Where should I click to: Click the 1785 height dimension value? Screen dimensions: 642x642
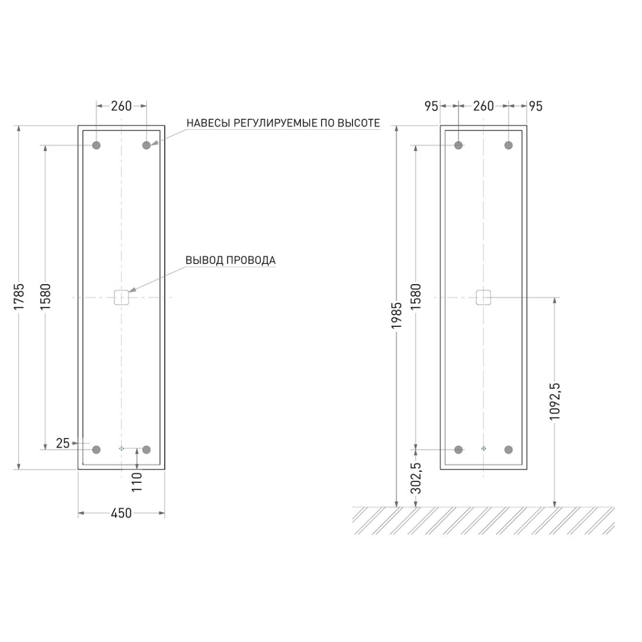[x=19, y=296]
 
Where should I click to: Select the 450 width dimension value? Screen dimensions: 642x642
[x=121, y=513]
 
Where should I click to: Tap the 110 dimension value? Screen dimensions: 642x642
[x=136, y=482]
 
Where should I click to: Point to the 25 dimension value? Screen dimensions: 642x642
[x=63, y=443]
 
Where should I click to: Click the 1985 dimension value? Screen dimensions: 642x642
[x=396, y=315]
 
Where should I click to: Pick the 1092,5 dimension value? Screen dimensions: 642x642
[x=554, y=401]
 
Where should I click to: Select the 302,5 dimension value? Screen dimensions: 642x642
[x=416, y=478]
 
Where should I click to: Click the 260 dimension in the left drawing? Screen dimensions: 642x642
[x=121, y=106]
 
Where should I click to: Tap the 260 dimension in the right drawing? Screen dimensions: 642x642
[x=483, y=106]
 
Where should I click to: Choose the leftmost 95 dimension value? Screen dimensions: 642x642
[x=431, y=106]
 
